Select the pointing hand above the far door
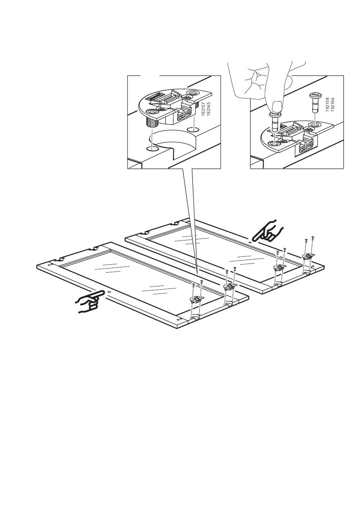(x=268, y=232)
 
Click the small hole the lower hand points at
(x=109, y=292)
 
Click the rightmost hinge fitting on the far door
(x=309, y=256)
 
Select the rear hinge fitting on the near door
(x=229, y=287)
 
